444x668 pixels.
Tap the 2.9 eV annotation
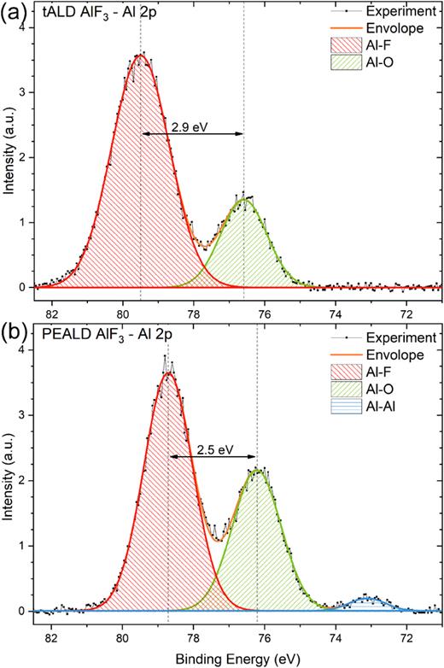tap(191, 126)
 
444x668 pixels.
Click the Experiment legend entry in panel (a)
tap(401, 11)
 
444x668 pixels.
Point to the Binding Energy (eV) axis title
tap(238, 659)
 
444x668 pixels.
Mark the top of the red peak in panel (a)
tap(141, 58)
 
